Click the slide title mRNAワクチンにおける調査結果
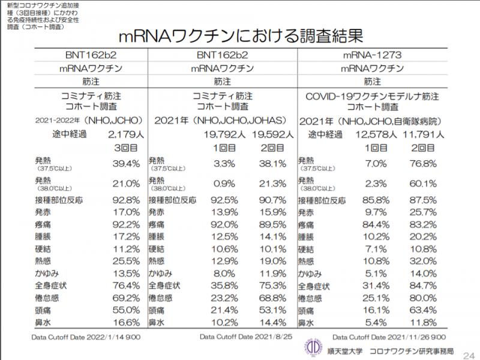point(240,35)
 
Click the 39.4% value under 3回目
point(126,163)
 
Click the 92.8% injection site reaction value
point(126,200)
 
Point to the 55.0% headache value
point(126,310)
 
